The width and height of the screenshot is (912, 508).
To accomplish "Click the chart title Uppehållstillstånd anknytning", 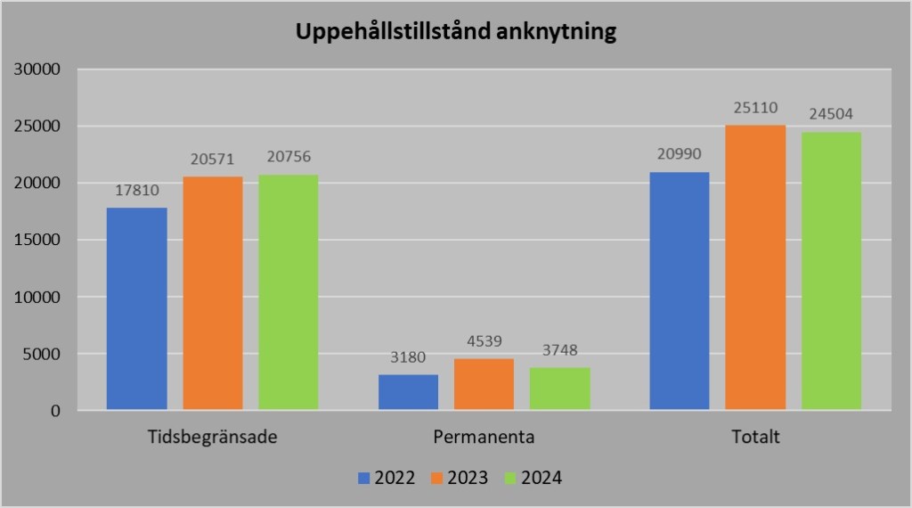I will pos(456,34).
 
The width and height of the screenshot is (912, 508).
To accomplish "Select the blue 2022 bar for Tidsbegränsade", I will pos(136,309).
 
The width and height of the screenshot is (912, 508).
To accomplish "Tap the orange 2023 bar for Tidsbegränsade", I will pos(213,293).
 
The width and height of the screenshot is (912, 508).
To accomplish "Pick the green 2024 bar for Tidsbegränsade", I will pos(289,292).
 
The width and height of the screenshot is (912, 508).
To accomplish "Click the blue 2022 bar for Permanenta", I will pos(408,392).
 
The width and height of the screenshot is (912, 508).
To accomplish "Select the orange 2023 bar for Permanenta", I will pos(484,384).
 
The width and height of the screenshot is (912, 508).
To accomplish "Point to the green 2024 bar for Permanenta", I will pos(560,389).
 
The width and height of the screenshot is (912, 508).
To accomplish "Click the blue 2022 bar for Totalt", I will pos(680,291).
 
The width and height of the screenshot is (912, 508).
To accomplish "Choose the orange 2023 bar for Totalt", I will pos(755,267).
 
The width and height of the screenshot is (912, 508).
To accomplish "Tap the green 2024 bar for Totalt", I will pos(831,271).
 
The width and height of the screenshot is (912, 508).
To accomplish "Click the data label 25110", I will pos(755,108).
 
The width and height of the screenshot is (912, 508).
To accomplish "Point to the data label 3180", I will pos(408,357).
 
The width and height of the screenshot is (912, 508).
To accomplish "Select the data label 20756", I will pos(289,157).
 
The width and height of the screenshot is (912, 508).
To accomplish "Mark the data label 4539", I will pos(484,341).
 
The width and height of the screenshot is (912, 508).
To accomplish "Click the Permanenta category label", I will pos(484,438).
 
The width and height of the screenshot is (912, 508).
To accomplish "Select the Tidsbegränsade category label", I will pos(213,438).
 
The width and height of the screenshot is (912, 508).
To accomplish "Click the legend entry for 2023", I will pos(458,478).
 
